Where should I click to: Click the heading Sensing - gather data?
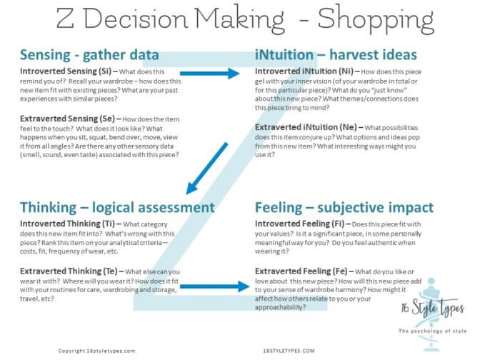[90, 55]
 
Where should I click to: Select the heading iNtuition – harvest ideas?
[336, 55]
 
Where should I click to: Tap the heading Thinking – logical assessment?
[117, 207]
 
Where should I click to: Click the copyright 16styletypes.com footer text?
[96, 351]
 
